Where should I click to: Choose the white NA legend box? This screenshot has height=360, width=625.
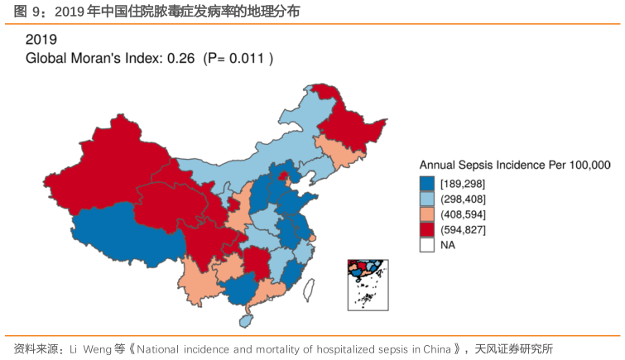427,245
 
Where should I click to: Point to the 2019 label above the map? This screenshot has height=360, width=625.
41,39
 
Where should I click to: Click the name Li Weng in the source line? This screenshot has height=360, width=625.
79,348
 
